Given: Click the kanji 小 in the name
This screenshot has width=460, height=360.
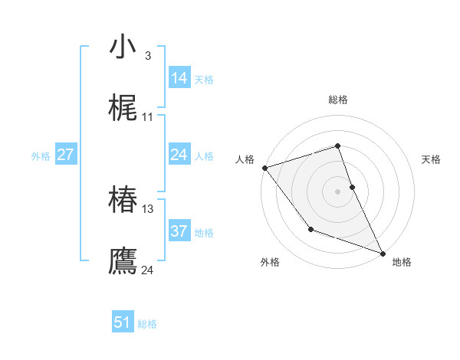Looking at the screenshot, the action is pos(123,47).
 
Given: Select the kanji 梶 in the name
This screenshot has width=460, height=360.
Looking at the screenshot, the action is pos(123,109).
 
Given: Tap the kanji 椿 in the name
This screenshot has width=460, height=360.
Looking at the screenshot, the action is pos(123,201).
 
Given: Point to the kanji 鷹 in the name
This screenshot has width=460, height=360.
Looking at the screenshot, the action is pos(123,261).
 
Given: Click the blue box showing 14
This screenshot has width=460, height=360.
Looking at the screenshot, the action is pos(179,78).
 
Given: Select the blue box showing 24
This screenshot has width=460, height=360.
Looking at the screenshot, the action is pos(179,155).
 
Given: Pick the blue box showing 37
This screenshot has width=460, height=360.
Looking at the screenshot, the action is pos(179,231).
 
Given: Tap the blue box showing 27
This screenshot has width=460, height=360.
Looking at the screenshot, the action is pos(65,155).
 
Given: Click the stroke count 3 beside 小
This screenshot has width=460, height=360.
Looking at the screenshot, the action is pos(147,56).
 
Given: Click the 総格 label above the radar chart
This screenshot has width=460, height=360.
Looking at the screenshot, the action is pos(338,100).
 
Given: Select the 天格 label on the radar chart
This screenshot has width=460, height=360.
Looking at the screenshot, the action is pos(431,160).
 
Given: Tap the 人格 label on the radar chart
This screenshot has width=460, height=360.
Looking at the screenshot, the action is pos(245,160).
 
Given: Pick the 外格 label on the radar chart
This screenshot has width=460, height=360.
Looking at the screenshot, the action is pos(270,262).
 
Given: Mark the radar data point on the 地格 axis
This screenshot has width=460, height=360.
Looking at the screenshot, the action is pos(383,253).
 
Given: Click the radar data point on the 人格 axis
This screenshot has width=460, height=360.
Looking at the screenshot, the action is pos(264,168).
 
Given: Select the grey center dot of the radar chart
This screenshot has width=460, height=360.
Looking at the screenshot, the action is pos(338,191).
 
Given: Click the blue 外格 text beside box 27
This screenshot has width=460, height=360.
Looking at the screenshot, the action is pos(41,156).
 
